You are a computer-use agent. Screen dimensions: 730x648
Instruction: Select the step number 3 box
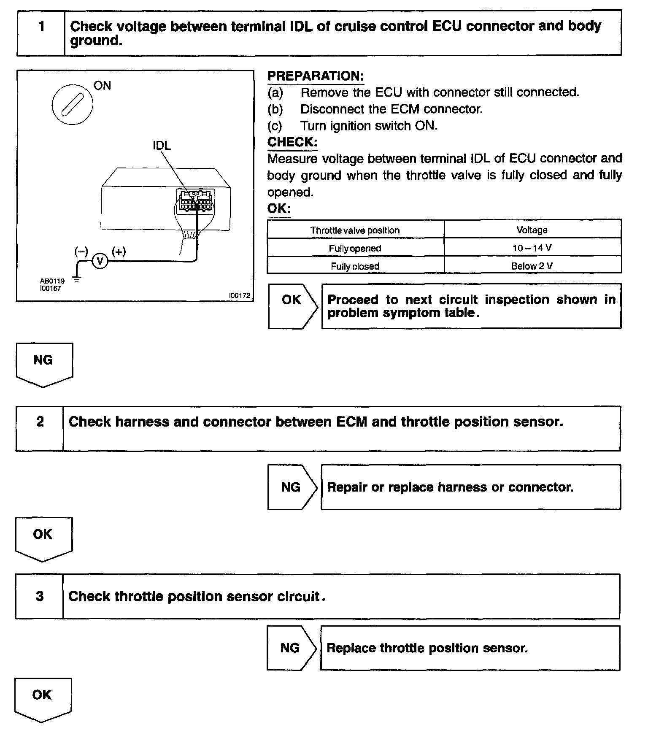[x=40, y=596]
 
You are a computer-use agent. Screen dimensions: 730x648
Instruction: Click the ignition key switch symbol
[x=72, y=104]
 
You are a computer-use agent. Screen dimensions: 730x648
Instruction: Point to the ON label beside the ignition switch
[x=102, y=86]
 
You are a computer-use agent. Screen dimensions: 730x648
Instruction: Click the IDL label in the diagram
[x=162, y=146]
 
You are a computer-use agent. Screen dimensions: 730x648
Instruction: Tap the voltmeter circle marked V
[x=100, y=262]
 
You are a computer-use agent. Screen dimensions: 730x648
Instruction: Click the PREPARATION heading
[x=316, y=76]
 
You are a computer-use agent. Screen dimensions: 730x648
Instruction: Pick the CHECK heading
[x=292, y=142]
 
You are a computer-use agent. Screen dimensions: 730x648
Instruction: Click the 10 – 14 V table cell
[x=532, y=248]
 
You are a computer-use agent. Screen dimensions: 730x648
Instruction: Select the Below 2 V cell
[x=532, y=266]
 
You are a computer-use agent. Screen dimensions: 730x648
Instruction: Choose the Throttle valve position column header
[x=355, y=230]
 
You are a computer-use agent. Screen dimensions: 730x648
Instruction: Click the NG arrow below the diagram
[x=43, y=363]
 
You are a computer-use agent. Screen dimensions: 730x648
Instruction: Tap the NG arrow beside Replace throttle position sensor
[x=291, y=648]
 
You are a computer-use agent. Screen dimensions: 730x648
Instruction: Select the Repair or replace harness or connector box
[x=470, y=487]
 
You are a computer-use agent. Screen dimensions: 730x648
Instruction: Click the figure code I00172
[x=240, y=296]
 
